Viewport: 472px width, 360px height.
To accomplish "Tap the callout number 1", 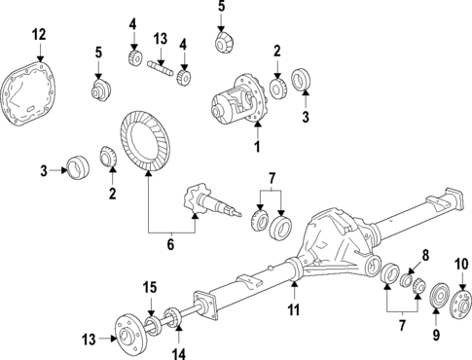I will [257, 147].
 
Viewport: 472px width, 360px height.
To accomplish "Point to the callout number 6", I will [169, 244].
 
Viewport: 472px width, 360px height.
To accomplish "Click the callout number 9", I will [436, 336].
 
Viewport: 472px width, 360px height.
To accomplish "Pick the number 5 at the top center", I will [221, 7].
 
